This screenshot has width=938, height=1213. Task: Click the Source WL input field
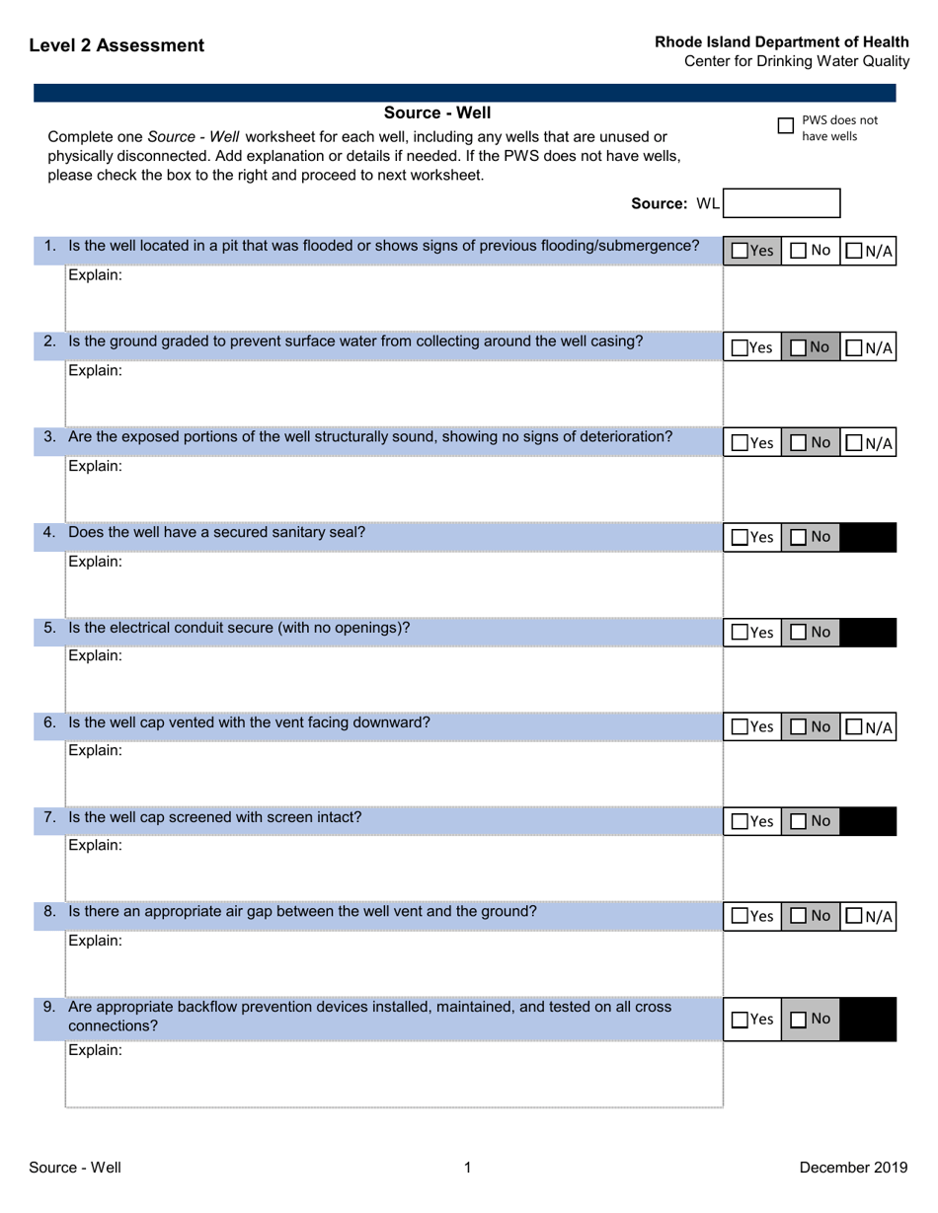782,203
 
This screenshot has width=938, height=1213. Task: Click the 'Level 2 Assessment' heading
117,45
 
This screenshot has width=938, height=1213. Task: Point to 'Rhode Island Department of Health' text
782,42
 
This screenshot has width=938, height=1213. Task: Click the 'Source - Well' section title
436,112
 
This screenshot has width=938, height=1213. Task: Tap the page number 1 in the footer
468,1169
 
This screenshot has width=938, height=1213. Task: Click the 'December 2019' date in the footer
853,1169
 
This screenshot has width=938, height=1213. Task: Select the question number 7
50,817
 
